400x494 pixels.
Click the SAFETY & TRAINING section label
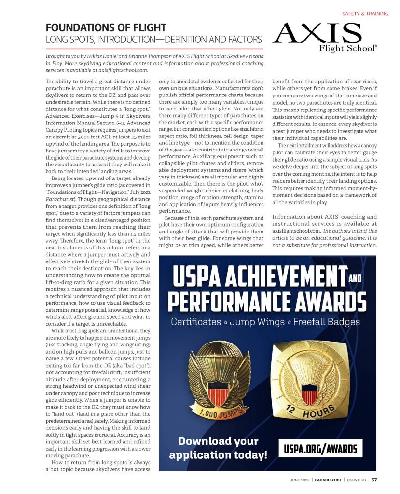pos(365,14)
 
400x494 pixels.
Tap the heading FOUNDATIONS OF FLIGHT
pos(106,27)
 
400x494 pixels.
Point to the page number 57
pos(374,480)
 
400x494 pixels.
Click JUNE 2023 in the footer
pos(297,480)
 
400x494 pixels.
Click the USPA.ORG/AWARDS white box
pos(320,450)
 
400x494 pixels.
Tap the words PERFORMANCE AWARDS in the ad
pos(267,302)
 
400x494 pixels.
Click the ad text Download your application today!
pos(218,448)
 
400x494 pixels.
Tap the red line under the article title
pos(154,49)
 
